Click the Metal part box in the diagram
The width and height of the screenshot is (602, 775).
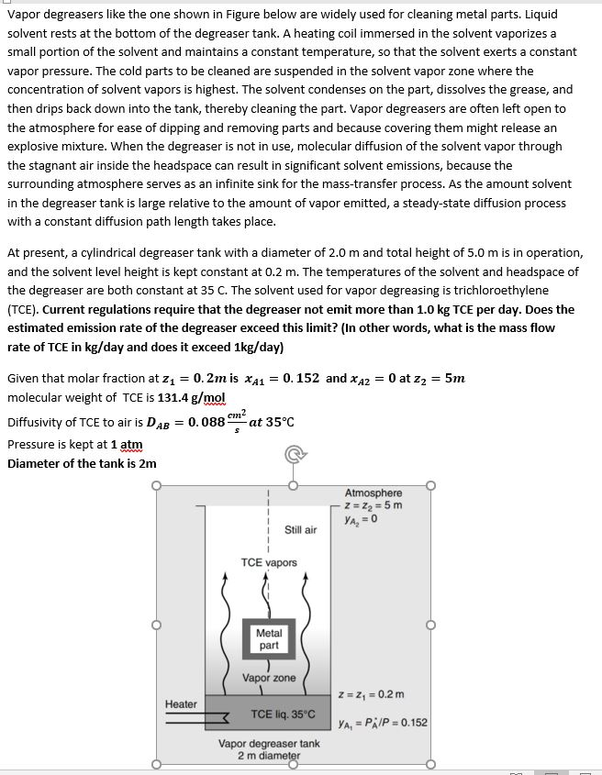tap(269, 639)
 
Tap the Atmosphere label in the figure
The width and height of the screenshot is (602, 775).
tap(373, 493)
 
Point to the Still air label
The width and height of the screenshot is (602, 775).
tap(300, 530)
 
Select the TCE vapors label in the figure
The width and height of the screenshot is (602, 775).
tap(269, 562)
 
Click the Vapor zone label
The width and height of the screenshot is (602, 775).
tap(269, 678)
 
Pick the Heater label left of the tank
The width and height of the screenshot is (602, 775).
tap(181, 704)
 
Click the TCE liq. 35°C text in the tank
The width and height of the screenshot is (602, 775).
tap(283, 714)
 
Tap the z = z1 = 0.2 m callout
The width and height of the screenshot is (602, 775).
tap(371, 694)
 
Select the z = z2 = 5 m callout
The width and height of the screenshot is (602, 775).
tap(372, 505)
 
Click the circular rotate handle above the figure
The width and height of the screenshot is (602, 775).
tap(292, 453)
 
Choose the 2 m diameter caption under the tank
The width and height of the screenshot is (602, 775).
tap(268, 756)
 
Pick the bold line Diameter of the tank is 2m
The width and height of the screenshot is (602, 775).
tap(82, 463)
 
